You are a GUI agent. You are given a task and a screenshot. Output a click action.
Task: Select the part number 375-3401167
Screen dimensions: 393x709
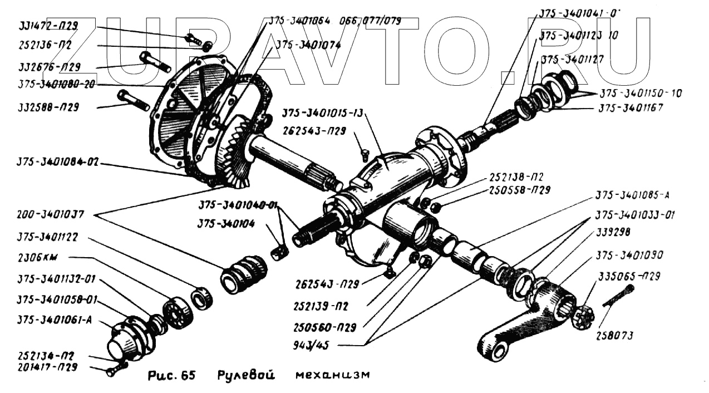[x=630, y=108]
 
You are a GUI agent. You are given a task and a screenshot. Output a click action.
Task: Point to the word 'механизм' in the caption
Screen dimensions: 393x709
[x=332, y=375]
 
